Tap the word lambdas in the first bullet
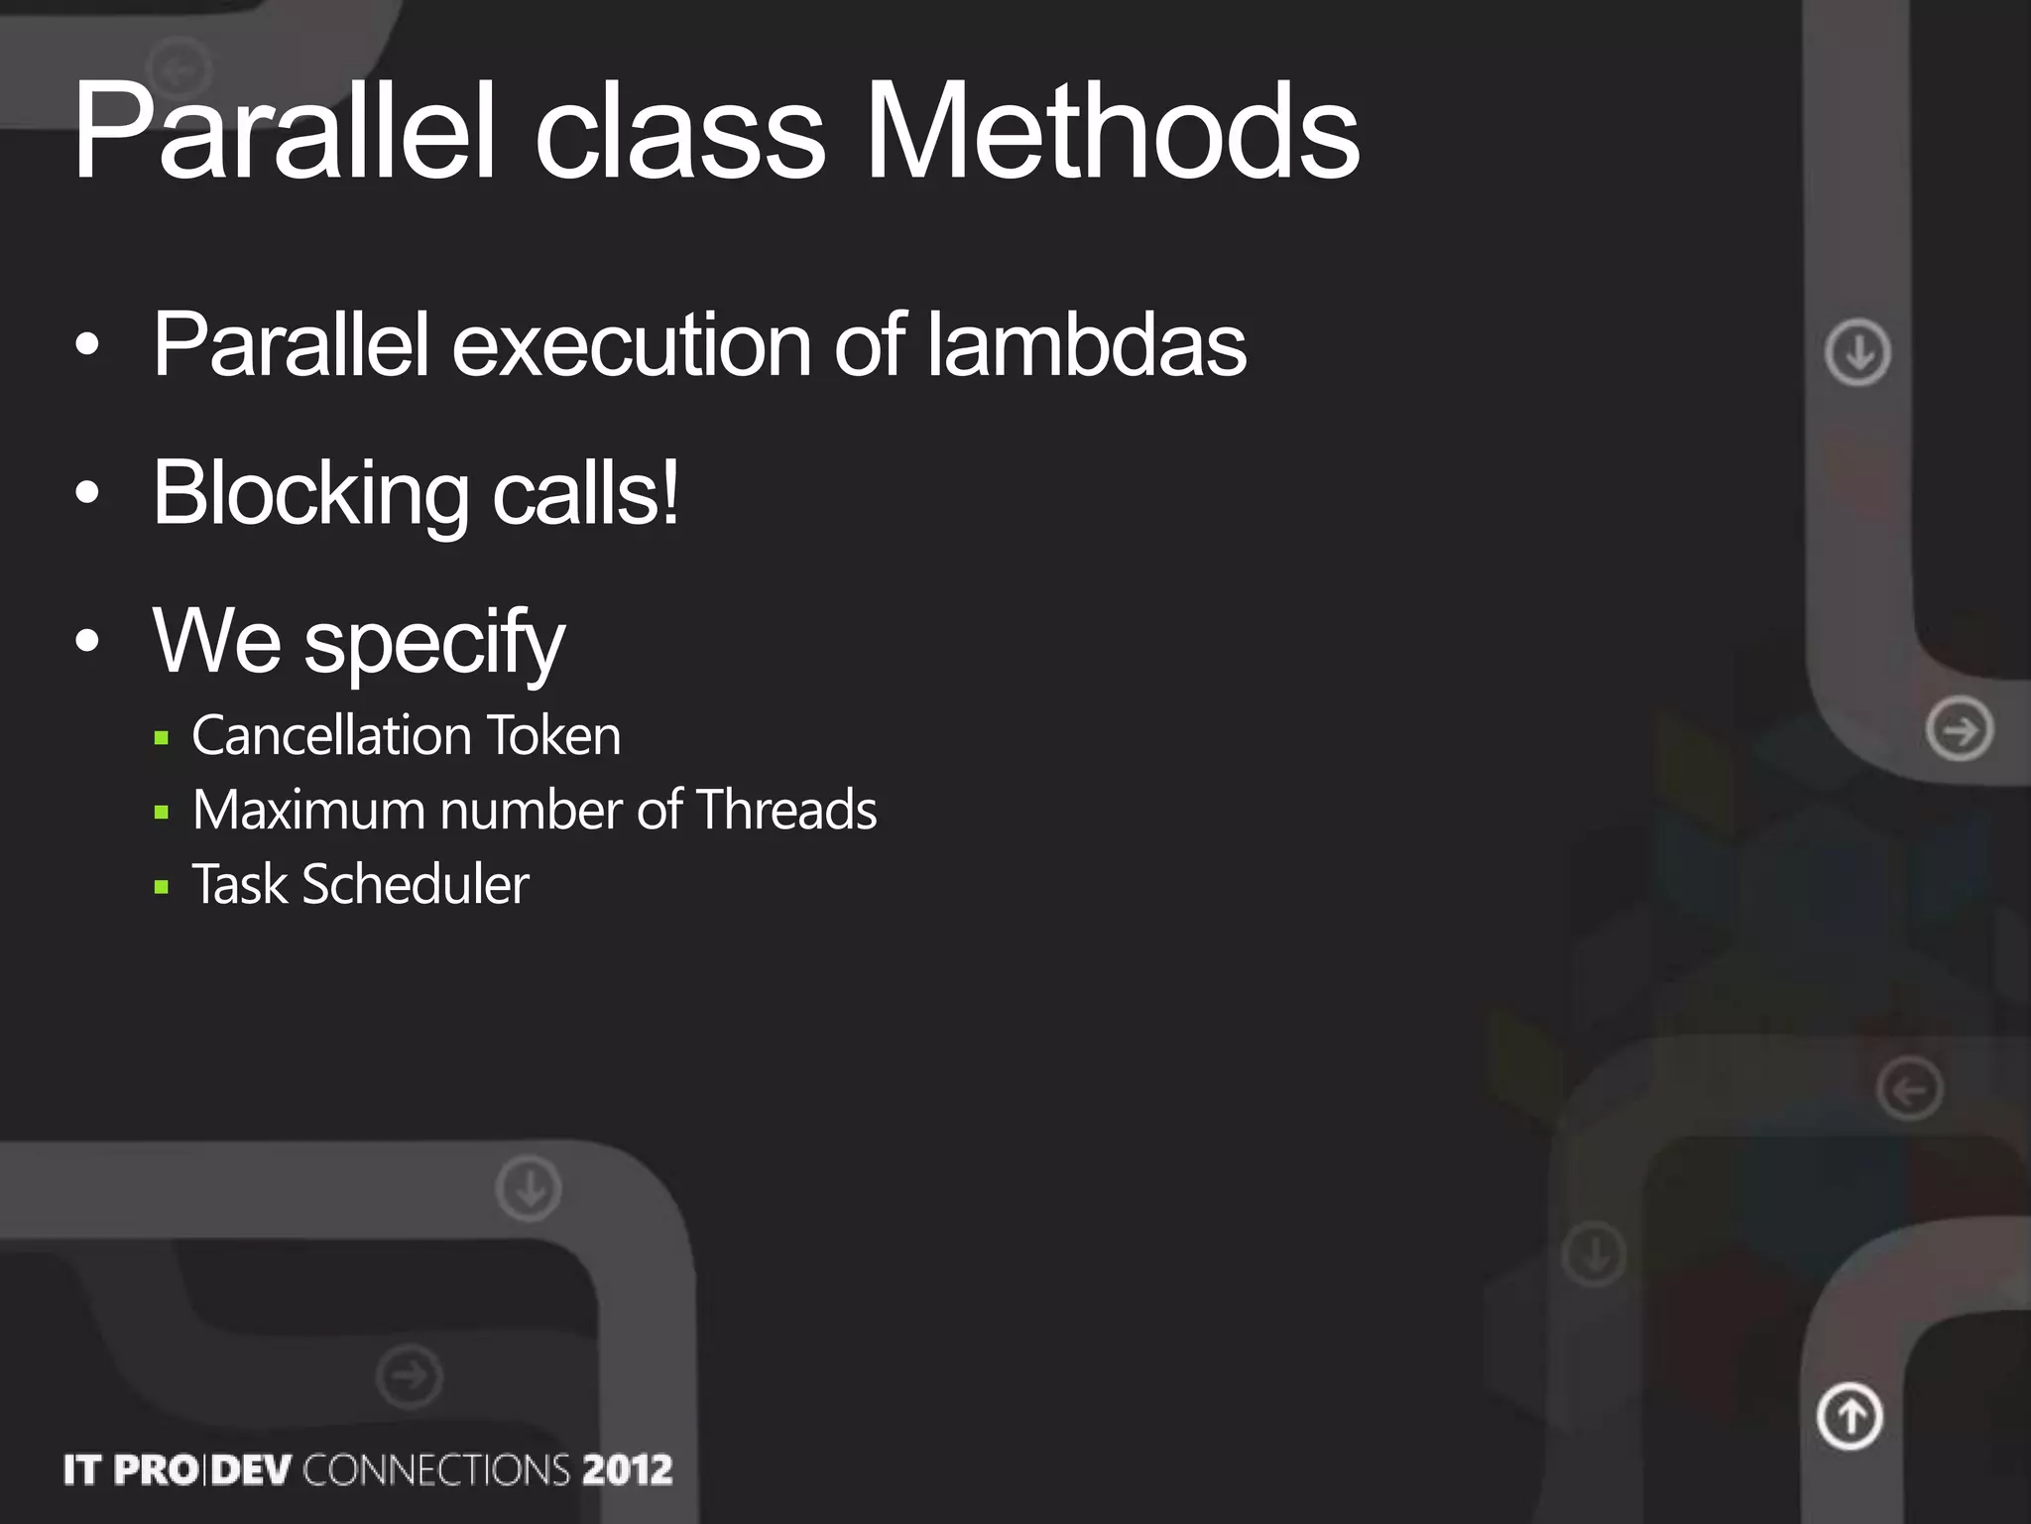coord(1087,345)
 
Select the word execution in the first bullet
coord(632,347)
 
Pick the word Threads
coord(786,811)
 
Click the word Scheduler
coord(416,885)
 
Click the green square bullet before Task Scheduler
coord(162,887)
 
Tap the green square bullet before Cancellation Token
coord(162,738)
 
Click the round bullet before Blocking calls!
coord(87,493)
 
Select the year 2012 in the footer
coord(627,1470)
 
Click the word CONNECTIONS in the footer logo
coord(436,1470)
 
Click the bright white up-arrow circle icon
coord(1850,1416)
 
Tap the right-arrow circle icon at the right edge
coord(1960,730)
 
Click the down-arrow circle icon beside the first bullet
coord(1857,352)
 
